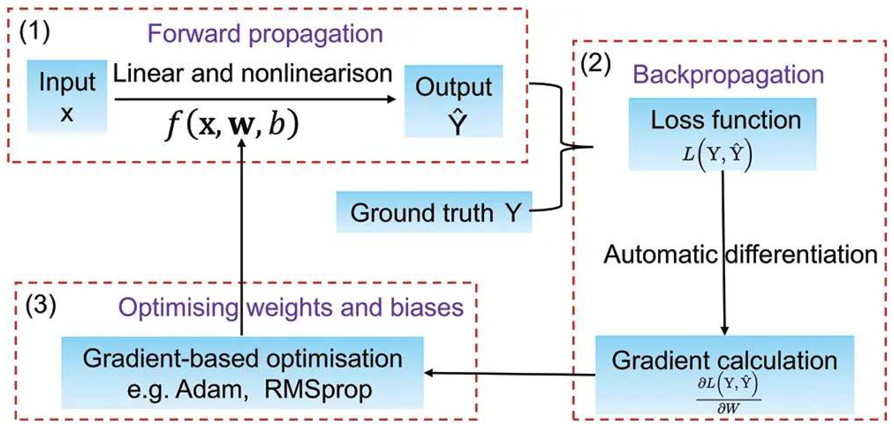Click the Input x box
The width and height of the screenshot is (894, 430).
(67, 96)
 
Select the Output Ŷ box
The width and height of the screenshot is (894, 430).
(454, 101)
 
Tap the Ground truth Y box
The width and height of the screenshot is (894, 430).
(434, 212)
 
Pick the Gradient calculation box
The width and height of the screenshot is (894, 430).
(724, 375)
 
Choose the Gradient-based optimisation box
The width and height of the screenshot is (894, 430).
(242, 373)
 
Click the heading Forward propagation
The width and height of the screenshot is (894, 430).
(265, 34)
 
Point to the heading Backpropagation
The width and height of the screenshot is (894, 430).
(728, 75)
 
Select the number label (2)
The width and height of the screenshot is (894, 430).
(596, 65)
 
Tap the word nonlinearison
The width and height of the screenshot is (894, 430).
(316, 74)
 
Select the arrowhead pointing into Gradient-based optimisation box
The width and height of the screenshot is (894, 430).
(429, 373)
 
